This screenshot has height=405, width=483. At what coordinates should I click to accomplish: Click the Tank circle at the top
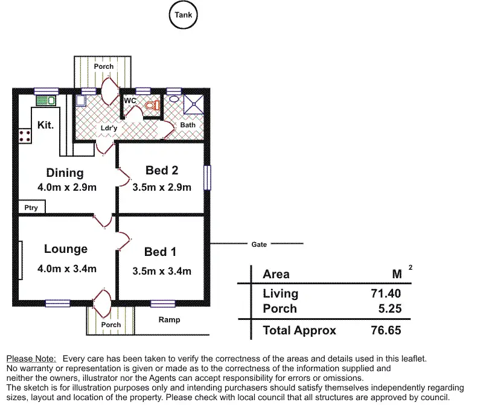click(183, 15)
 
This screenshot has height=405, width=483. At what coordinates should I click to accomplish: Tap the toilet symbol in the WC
click(152, 104)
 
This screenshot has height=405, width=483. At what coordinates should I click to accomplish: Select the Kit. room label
click(46, 126)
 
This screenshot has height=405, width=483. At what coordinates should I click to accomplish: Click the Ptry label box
click(31, 208)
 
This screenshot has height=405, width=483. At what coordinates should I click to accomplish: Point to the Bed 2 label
click(162, 171)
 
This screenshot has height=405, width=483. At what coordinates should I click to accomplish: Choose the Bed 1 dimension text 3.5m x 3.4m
click(162, 271)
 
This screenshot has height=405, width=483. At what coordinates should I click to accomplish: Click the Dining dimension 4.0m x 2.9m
click(65, 187)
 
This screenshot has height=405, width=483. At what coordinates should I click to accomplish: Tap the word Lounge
click(66, 249)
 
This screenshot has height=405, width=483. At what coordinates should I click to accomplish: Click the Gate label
click(259, 244)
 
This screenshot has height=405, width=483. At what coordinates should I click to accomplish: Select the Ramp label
click(169, 320)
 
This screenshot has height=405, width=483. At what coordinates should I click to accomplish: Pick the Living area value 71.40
click(387, 293)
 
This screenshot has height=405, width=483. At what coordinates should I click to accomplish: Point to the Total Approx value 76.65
click(386, 330)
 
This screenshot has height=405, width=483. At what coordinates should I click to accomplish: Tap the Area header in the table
click(276, 274)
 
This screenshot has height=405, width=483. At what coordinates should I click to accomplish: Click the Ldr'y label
click(109, 128)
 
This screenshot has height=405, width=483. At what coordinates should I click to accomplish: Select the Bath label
click(188, 125)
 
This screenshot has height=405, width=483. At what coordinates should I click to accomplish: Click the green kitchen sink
click(45, 100)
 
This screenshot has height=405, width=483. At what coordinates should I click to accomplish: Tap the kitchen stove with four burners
click(25, 135)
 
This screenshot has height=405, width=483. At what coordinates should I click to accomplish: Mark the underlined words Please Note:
click(31, 359)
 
